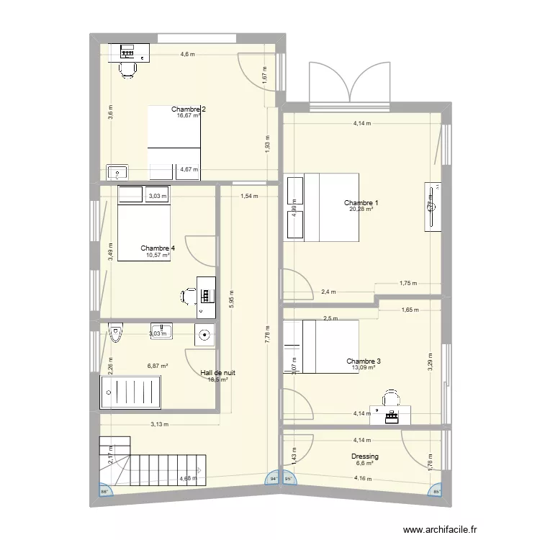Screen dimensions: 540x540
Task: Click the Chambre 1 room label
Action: [x=361, y=203]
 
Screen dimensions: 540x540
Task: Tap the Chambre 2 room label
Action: [x=189, y=109]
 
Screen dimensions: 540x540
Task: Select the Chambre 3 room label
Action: [x=363, y=361]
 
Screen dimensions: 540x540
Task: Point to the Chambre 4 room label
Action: [x=158, y=248]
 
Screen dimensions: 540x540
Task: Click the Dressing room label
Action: [x=364, y=456]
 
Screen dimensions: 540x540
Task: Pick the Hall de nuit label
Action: [x=217, y=373]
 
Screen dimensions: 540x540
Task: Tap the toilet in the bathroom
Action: [x=115, y=334]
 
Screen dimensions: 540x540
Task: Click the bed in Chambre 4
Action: [x=144, y=223]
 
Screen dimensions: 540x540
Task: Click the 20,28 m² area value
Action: [x=361, y=210]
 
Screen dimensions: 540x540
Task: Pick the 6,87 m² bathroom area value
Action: [x=158, y=366]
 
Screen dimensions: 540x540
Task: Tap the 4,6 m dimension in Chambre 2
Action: [x=187, y=55]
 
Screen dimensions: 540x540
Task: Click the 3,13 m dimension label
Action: [x=158, y=424]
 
